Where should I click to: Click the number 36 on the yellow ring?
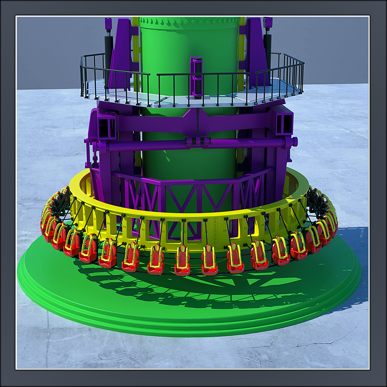point(108,223)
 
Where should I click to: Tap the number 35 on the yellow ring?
point(124,227)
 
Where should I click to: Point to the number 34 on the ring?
point(143,230)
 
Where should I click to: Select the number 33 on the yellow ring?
point(163,232)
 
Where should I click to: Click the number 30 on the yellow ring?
point(225,231)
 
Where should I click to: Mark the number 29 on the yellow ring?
point(245,228)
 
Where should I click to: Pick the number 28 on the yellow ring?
point(263,225)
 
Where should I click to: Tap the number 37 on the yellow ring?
point(94,219)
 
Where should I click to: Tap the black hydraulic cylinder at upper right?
point(267,45)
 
